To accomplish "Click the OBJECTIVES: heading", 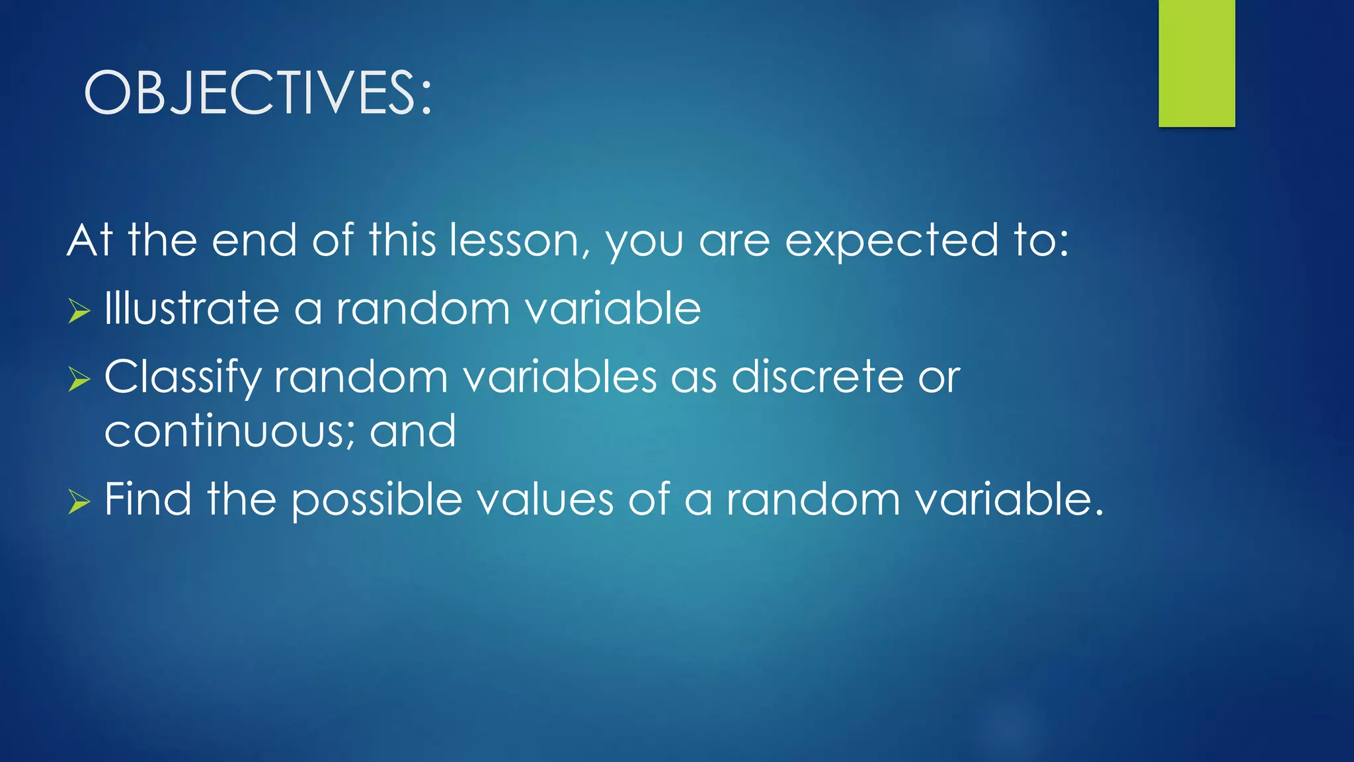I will pos(258,93).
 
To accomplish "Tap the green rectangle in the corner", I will pos(1196,63).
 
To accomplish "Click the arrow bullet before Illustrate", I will pos(79,310).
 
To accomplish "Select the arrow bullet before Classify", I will pos(79,379).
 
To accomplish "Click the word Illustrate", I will pos(192,308).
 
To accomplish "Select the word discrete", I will pos(817,377).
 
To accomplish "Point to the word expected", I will pos(891,241).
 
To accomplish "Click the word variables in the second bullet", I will pos(559,377).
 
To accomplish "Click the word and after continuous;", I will pos(413,431).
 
